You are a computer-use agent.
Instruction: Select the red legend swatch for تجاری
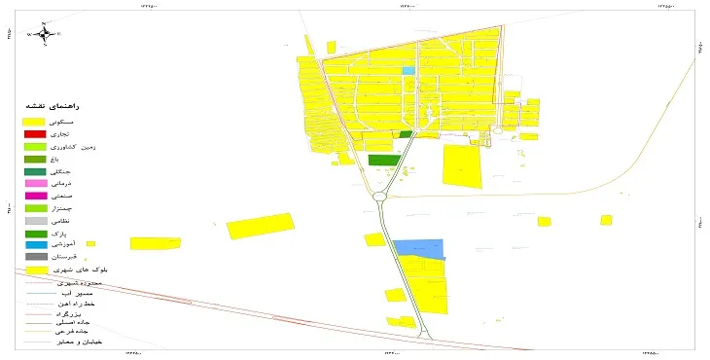pyautogui.click(x=36, y=133)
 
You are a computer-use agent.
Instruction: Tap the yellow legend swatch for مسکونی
pyautogui.click(x=36, y=121)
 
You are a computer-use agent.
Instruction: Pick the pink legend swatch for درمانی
pyautogui.click(x=36, y=183)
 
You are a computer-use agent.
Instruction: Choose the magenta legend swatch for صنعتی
pyautogui.click(x=36, y=196)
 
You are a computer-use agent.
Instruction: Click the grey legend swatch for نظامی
pyautogui.click(x=36, y=221)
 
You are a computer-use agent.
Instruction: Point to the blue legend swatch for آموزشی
pyautogui.click(x=36, y=245)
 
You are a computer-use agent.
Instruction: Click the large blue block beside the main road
pyautogui.click(x=418, y=249)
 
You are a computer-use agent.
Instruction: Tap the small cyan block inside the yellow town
pyautogui.click(x=408, y=71)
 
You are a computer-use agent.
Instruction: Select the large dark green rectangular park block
pyautogui.click(x=384, y=160)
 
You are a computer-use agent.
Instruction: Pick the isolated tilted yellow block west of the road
pyautogui.click(x=261, y=226)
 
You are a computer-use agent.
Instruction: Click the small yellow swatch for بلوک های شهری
pyautogui.click(x=36, y=270)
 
